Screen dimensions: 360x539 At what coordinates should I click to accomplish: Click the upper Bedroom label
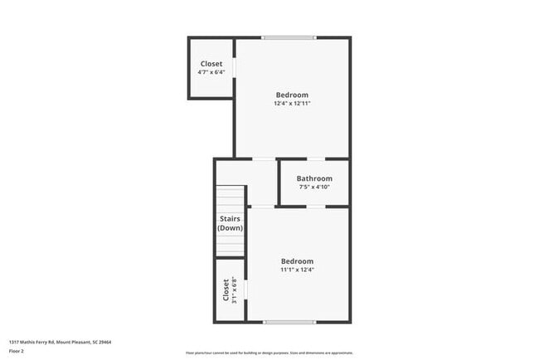(x=291, y=95)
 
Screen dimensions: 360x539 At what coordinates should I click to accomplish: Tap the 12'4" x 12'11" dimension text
(x=291, y=104)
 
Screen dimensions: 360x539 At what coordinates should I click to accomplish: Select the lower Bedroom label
(x=297, y=260)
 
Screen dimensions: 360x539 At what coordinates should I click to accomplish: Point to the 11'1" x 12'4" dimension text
(x=297, y=270)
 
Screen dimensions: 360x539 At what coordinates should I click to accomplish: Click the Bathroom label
(x=314, y=178)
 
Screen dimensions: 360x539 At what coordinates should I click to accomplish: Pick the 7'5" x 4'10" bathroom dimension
(x=314, y=187)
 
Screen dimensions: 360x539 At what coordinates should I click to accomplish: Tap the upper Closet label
(x=211, y=64)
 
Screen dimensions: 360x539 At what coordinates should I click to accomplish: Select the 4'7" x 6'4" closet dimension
(x=211, y=72)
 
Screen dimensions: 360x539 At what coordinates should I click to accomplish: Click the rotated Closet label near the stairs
(x=225, y=289)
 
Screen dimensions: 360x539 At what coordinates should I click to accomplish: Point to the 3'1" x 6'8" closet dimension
(x=234, y=289)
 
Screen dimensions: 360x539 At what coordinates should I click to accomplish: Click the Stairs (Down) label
(x=230, y=223)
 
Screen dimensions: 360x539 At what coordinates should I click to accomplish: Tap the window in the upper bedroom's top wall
(x=289, y=37)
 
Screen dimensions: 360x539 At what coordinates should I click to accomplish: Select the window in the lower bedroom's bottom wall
(x=289, y=322)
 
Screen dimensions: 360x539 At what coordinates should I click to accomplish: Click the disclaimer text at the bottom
(x=269, y=353)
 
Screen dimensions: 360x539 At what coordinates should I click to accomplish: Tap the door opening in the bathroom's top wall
(x=315, y=158)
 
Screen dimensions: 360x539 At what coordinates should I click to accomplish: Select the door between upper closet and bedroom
(x=235, y=66)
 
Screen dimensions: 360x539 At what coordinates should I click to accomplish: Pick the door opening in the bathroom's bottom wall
(x=315, y=207)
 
